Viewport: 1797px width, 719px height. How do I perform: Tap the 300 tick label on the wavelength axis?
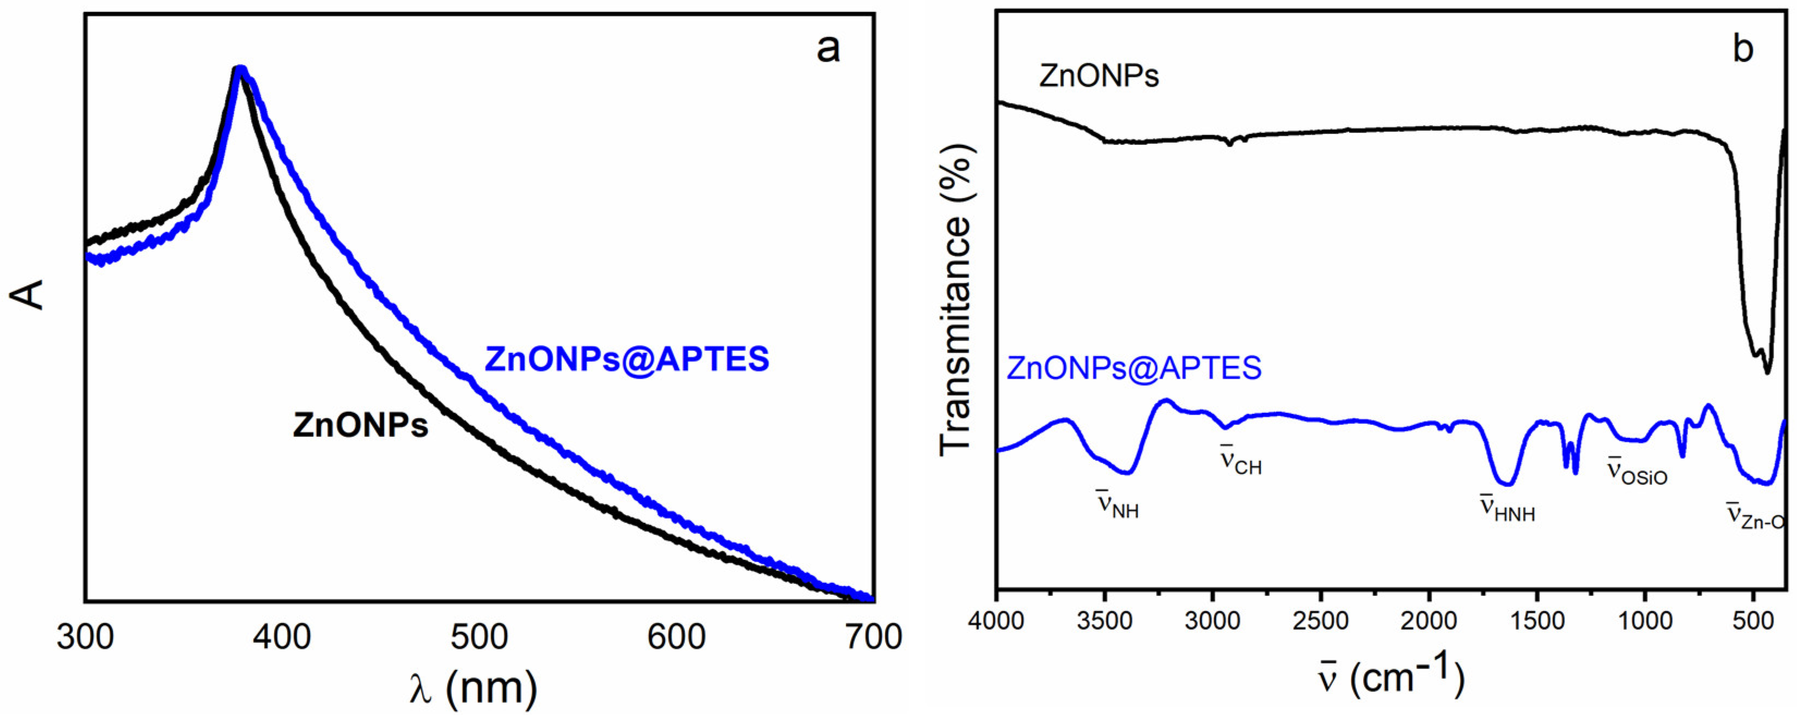click(x=85, y=637)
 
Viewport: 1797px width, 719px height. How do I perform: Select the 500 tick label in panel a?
click(x=479, y=637)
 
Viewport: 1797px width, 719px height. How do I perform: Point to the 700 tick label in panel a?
click(x=873, y=637)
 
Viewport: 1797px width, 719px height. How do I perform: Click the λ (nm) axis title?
click(x=474, y=687)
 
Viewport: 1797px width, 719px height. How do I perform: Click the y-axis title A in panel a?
click(x=28, y=295)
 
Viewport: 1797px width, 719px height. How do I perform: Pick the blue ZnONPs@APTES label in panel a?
click(x=626, y=359)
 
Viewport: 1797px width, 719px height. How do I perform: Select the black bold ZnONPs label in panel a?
click(x=360, y=425)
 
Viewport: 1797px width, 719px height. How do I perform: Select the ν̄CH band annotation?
click(x=1240, y=461)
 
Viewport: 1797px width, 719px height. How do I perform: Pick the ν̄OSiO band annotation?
click(x=1636, y=472)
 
